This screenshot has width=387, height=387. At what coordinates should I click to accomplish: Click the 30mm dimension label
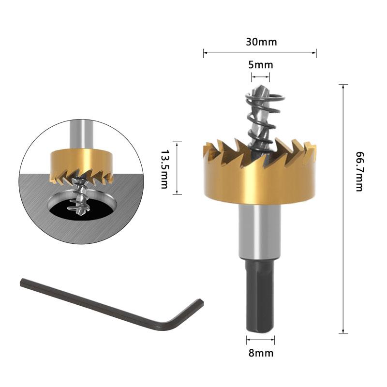[x=261, y=42]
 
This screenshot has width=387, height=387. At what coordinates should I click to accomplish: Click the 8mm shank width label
[x=261, y=353]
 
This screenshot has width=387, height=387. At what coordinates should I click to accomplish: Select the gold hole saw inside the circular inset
[x=81, y=162]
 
